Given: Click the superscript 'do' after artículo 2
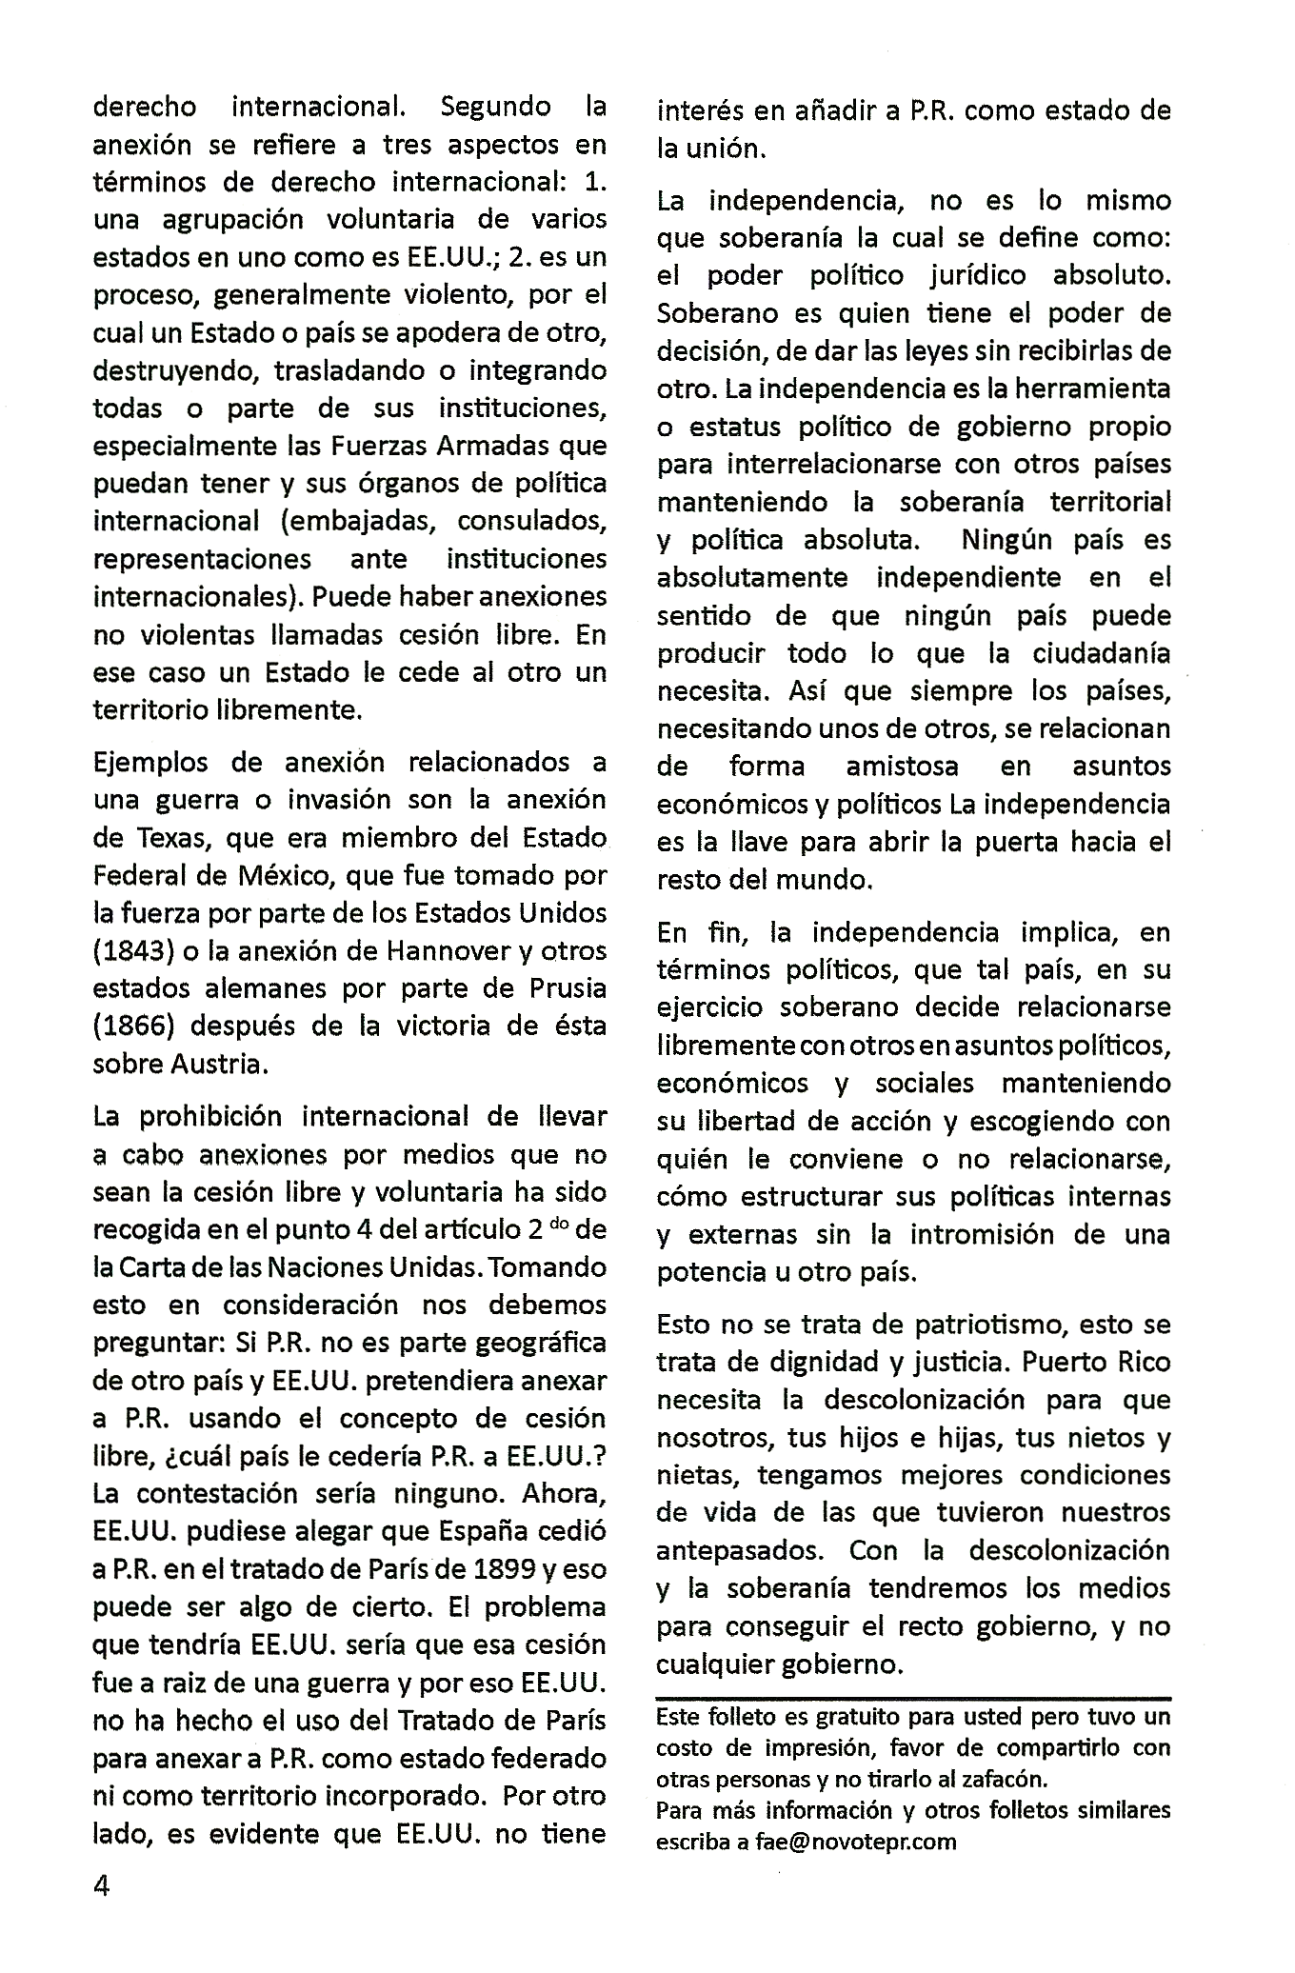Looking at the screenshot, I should tap(558, 1223).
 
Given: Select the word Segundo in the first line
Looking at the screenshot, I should tap(496, 107).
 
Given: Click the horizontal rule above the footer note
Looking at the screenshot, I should tap(913, 1697).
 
